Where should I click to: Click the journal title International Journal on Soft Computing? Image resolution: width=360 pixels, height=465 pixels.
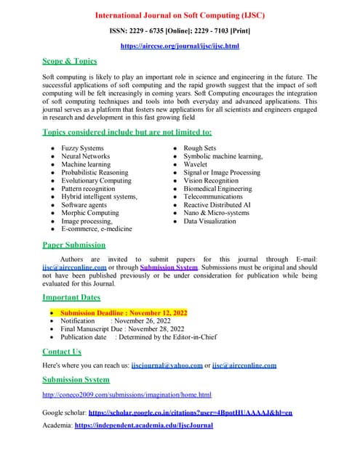(x=180, y=15)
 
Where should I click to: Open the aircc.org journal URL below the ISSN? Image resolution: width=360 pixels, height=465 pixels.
(x=180, y=46)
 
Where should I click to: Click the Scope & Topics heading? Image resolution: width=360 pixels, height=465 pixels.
(x=70, y=61)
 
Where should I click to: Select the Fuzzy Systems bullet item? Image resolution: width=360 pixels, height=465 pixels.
(x=82, y=148)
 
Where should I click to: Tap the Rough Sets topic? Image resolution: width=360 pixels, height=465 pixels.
(x=199, y=148)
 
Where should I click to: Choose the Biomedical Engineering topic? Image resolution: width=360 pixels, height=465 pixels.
(x=217, y=188)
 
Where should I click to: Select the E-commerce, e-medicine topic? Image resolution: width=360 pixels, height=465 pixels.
(x=97, y=229)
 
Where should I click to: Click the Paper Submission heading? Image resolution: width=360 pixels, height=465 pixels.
(x=73, y=245)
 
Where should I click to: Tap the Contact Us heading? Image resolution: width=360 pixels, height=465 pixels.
(x=62, y=352)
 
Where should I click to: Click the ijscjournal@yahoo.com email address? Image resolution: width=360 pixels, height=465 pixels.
(x=167, y=365)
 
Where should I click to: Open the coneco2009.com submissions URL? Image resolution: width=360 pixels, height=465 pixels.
(x=127, y=395)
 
